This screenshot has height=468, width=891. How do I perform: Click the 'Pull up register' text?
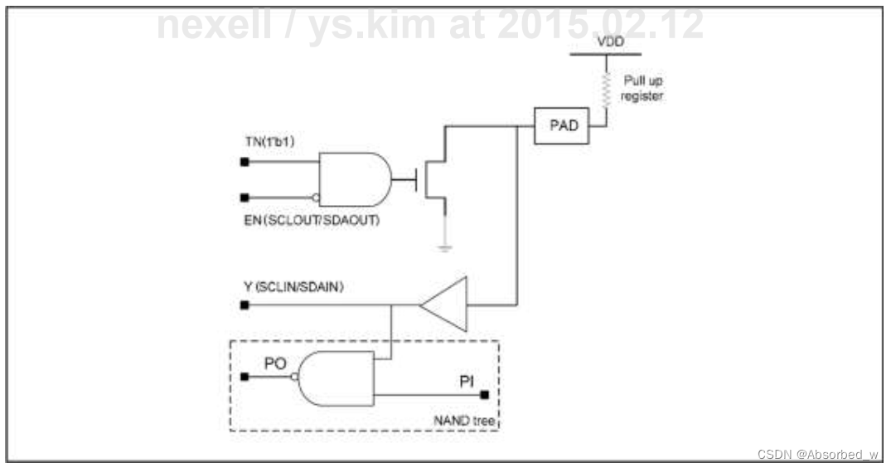pos(643,89)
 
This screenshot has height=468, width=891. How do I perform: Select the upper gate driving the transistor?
pos(354,178)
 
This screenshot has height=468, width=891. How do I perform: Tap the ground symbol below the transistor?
pos(446,247)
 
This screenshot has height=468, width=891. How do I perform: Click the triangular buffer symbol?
pos(445,305)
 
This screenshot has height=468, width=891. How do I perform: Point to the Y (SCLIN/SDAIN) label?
pos(293,288)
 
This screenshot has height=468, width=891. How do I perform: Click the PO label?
pos(276,363)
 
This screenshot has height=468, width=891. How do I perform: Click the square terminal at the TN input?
pos(244,163)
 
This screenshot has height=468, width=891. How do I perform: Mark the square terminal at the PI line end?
pos(486,395)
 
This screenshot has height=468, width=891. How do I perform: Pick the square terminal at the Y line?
pos(244,305)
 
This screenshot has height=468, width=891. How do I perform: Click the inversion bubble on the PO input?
pos(294,377)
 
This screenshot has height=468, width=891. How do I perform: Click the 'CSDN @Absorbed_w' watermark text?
pos(817,455)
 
